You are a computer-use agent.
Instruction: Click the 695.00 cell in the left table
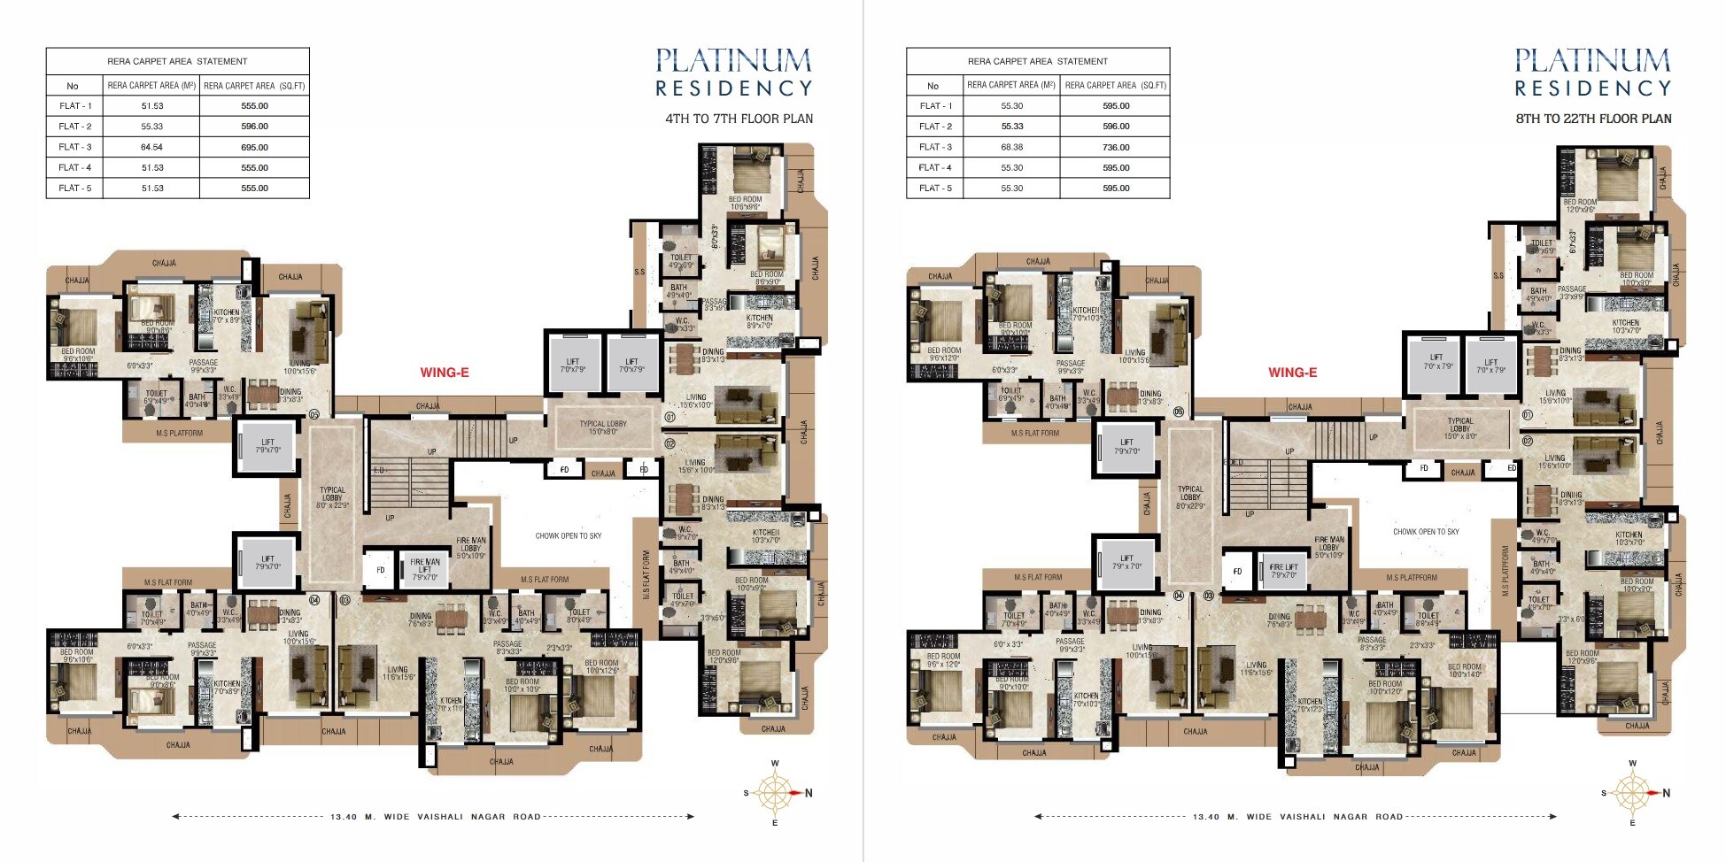254,147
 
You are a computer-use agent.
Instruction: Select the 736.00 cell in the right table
1116,147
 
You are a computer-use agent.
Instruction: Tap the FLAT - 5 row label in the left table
75,188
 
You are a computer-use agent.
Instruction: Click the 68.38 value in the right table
1012,147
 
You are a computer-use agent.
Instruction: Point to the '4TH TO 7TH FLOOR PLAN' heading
739,119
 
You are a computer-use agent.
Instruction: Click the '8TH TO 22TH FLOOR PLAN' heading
1593,119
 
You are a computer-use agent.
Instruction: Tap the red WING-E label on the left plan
445,373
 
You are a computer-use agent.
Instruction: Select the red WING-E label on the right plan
1292,373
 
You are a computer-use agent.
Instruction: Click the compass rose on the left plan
775,793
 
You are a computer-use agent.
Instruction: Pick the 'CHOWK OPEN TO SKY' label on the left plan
568,535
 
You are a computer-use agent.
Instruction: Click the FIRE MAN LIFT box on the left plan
424,570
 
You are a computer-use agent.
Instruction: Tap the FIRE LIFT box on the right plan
1283,571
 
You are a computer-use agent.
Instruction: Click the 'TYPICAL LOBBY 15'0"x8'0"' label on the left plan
603,427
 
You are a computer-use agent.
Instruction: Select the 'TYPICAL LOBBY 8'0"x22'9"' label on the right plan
1190,497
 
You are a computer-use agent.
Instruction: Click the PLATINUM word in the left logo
733,61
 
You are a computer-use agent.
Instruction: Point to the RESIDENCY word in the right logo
1592,89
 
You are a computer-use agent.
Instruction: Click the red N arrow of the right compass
1655,793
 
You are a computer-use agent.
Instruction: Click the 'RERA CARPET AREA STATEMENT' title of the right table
1037,61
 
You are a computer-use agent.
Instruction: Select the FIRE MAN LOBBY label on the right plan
1328,547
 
